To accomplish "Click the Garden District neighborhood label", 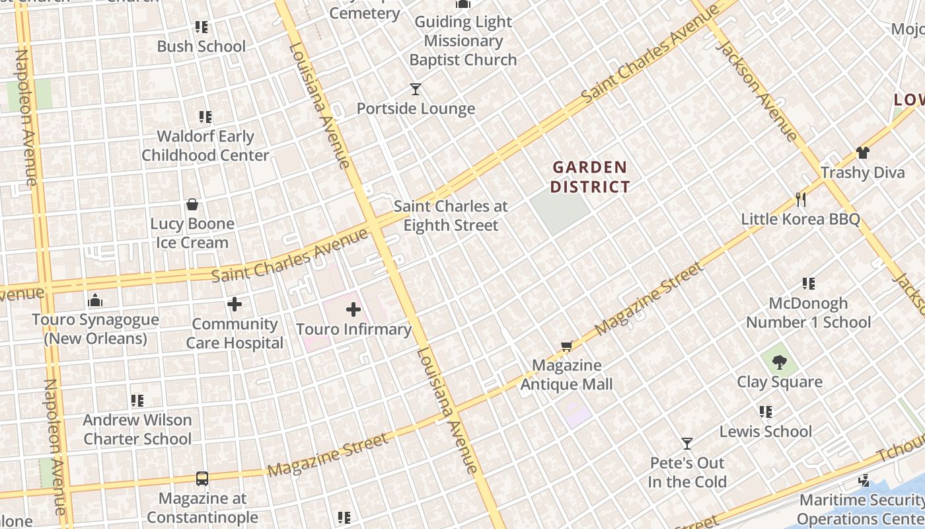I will click(x=589, y=177).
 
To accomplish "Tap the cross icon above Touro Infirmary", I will click(x=353, y=309).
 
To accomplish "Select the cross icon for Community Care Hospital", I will click(x=235, y=304).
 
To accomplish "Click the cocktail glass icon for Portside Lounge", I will click(x=416, y=89).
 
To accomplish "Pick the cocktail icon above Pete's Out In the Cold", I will click(x=687, y=443).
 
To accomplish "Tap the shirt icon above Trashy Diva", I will click(x=862, y=153).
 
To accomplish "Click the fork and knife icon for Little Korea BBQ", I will click(x=801, y=199).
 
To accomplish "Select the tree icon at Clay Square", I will click(x=780, y=362).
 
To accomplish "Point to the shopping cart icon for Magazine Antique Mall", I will click(x=566, y=346).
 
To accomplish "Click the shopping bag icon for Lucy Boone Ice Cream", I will click(x=192, y=204).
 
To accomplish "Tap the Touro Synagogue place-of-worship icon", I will click(x=95, y=300).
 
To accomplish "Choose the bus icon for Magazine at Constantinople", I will click(x=202, y=479).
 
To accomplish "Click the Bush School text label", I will click(x=201, y=46).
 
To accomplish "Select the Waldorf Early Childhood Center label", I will click(x=205, y=146).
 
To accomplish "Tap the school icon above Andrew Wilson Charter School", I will click(x=137, y=400).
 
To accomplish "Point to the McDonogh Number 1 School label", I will click(x=808, y=313).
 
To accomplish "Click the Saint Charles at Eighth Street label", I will click(x=451, y=216).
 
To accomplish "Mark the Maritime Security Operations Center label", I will click(x=861, y=509).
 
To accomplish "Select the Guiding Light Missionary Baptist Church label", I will click(x=462, y=41).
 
